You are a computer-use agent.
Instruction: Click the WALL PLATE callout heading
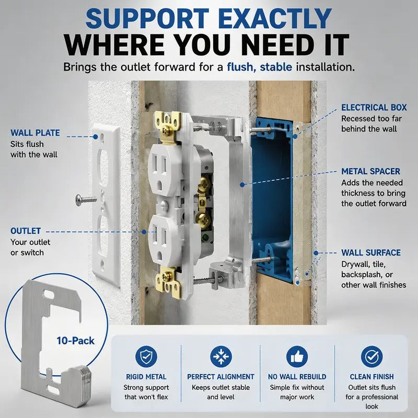(x=35, y=133)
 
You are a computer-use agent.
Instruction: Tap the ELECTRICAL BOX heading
(x=374, y=108)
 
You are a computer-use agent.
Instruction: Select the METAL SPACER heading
(x=371, y=171)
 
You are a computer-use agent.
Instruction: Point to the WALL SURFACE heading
(x=371, y=253)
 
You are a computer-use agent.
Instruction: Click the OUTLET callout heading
(x=26, y=231)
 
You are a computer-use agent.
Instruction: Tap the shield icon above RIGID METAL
(x=146, y=357)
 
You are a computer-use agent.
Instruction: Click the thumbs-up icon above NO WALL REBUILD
(x=297, y=357)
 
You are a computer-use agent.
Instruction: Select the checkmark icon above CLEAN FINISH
(x=371, y=357)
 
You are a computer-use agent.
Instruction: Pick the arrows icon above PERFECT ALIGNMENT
(x=220, y=357)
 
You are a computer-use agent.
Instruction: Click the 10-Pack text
(x=75, y=341)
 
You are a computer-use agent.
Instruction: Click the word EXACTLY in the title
(x=276, y=19)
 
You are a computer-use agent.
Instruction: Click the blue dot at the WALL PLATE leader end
(x=96, y=137)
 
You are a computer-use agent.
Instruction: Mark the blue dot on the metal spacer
(x=242, y=184)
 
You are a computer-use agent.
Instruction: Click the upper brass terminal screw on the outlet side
(x=204, y=183)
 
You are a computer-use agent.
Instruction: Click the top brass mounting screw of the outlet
(x=166, y=129)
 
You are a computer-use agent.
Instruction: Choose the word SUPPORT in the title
(x=147, y=19)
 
